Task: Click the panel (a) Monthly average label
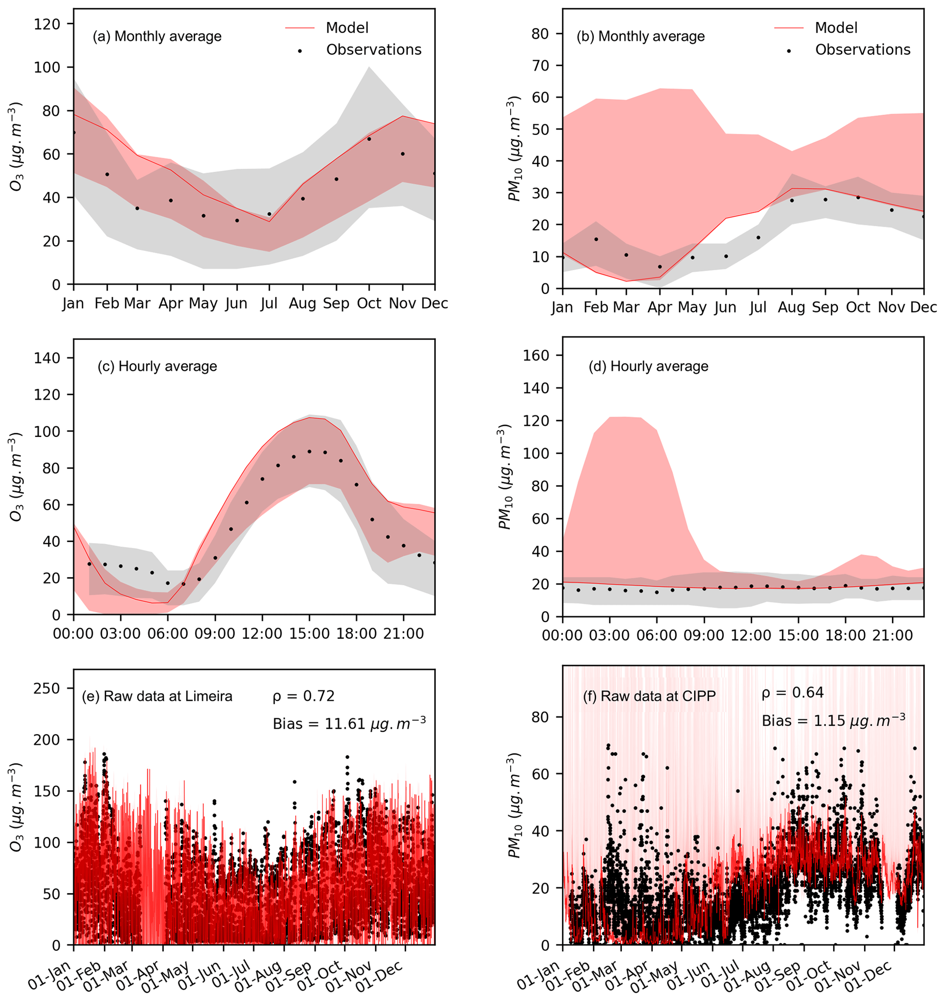[157, 36]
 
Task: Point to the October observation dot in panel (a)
[369, 139]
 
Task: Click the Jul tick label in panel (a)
[269, 304]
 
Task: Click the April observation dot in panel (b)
[660, 266]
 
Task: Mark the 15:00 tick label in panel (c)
[309, 634]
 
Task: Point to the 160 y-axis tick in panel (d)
[535, 355]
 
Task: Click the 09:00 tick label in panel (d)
[704, 635]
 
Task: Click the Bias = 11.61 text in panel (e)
[349, 724]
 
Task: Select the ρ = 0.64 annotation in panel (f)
[792, 693]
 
